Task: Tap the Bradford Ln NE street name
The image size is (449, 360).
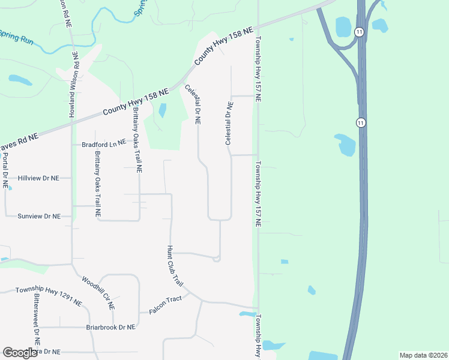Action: [x=104, y=143]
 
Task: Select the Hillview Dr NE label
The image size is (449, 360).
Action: [x=39, y=178]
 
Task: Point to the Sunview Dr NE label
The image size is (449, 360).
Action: [x=40, y=216]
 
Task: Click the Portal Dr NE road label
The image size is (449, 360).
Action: [x=5, y=171]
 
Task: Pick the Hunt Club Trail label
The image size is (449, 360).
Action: [x=174, y=265]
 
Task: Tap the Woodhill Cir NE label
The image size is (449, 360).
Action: [x=98, y=292]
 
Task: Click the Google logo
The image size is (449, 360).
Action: [x=20, y=353]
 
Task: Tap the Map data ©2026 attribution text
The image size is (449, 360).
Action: [x=423, y=355]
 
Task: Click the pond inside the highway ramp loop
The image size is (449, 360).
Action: [x=343, y=27]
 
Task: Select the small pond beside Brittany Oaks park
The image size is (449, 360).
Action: [x=162, y=110]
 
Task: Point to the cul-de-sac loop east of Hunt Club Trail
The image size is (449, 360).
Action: [x=216, y=259]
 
